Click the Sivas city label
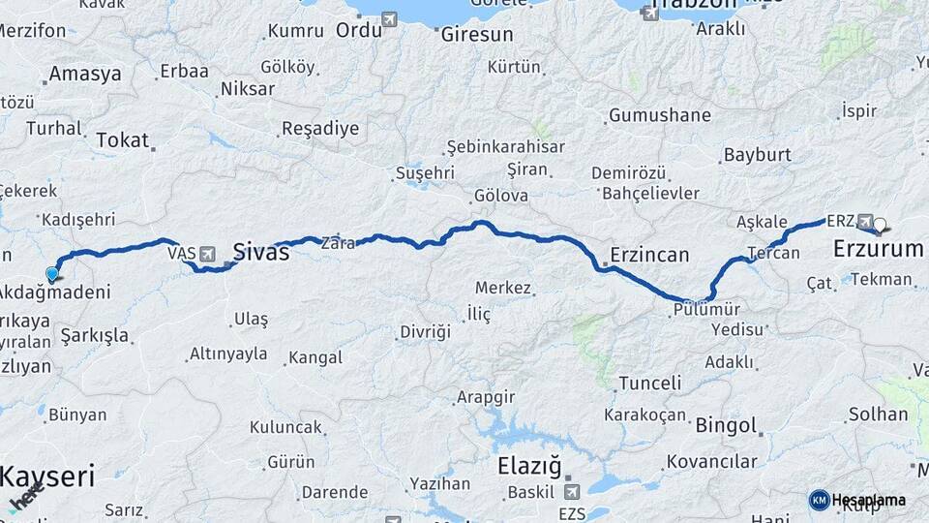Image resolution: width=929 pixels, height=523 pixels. click(260, 253)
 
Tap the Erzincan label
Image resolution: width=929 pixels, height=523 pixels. click(648, 256)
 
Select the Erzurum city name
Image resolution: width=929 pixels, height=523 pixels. click(879, 249)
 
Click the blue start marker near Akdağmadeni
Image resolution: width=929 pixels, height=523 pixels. click(52, 273)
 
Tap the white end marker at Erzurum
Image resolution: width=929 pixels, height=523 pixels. click(881, 227)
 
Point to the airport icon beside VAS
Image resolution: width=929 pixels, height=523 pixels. click(206, 254)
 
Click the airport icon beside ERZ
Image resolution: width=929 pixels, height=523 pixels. click(864, 221)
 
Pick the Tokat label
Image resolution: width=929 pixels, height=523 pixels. click(123, 140)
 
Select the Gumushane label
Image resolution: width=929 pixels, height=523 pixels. click(660, 115)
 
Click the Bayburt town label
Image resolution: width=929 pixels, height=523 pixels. click(757, 154)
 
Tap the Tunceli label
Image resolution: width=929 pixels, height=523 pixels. click(649, 383)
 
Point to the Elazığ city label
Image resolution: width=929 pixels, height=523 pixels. click(528, 466)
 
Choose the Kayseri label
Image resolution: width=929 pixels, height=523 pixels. click(47, 477)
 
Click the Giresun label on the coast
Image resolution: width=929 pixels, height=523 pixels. click(476, 34)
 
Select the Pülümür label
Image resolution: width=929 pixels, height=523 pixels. click(706, 309)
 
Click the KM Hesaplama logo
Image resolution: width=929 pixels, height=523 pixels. click(857, 500)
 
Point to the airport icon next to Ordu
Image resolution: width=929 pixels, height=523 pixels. click(389, 18)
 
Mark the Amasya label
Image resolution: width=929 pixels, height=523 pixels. click(85, 74)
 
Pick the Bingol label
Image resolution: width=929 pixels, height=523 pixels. click(725, 425)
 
